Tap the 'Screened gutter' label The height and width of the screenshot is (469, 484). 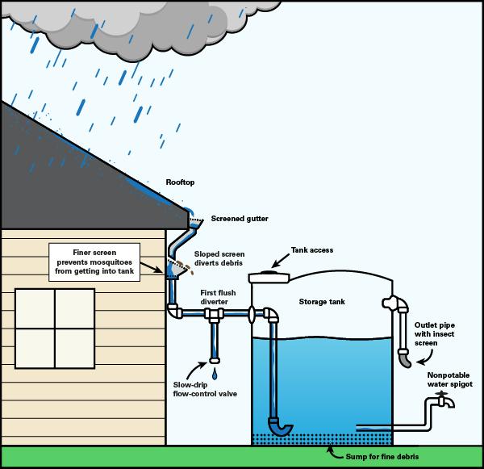[240, 218]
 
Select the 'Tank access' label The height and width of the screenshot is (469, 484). [312, 249]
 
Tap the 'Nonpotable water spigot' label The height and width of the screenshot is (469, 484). [447, 379]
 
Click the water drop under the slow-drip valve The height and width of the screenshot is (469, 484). [215, 375]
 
